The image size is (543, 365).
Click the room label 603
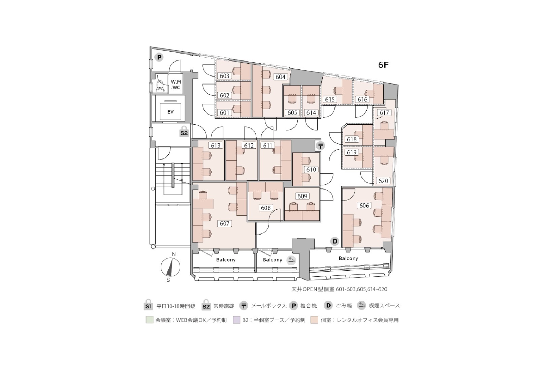point(224,76)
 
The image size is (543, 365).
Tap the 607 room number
point(224,223)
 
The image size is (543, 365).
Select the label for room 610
point(311,170)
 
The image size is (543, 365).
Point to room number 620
point(383,181)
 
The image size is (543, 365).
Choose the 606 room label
point(364,206)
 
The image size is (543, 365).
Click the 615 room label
point(330,99)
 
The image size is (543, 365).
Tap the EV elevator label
point(170,112)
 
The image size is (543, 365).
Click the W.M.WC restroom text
point(176,85)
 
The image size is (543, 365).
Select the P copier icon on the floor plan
point(159,58)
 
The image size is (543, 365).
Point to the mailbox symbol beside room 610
point(320,146)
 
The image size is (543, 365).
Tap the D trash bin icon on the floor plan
point(335,241)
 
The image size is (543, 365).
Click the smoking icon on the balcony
point(291,261)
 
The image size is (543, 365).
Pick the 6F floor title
point(383,65)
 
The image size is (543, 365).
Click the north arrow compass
point(170,267)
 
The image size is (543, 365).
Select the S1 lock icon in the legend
point(148,305)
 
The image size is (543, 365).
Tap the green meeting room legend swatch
point(150,320)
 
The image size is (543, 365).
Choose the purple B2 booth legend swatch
point(236,320)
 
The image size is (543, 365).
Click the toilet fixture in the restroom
point(160,85)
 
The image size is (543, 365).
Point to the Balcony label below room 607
point(226,260)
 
